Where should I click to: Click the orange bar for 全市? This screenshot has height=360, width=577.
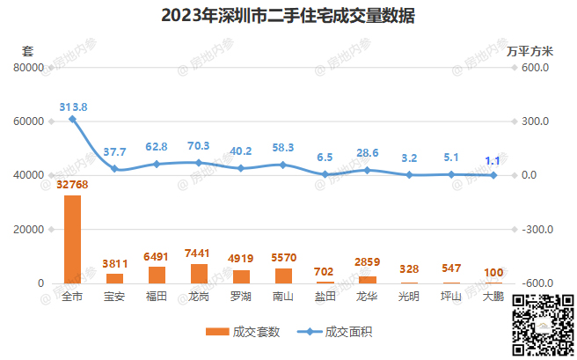(x=72, y=239)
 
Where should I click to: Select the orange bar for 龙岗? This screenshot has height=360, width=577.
(x=199, y=273)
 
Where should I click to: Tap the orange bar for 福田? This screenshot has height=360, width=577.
(x=157, y=275)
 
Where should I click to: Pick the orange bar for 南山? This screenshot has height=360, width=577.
(x=283, y=276)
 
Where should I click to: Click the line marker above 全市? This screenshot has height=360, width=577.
(x=72, y=119)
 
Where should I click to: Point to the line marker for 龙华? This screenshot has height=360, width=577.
(x=368, y=170)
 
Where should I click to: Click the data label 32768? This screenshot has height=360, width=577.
(x=72, y=185)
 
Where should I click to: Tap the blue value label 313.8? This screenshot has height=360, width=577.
(x=73, y=106)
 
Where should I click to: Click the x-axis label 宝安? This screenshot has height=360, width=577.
(x=114, y=298)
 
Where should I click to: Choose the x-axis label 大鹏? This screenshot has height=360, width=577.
(x=493, y=298)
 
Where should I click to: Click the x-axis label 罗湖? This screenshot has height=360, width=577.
(x=241, y=298)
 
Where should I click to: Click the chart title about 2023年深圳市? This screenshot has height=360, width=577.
(x=288, y=17)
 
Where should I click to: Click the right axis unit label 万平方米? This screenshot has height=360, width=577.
(x=531, y=50)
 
